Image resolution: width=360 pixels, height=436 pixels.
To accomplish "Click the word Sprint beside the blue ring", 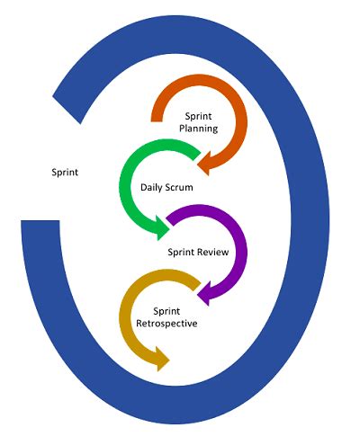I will [x=63, y=171].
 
